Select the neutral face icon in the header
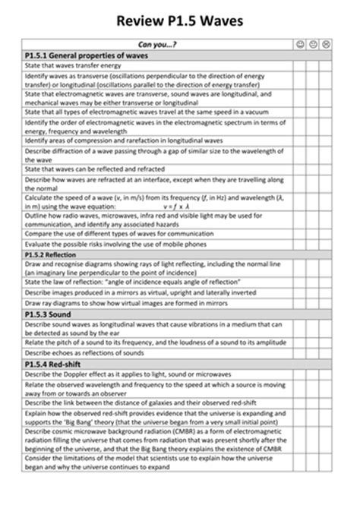pos(314,46)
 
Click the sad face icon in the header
pos(327,46)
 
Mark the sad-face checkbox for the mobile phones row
pos(327,245)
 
